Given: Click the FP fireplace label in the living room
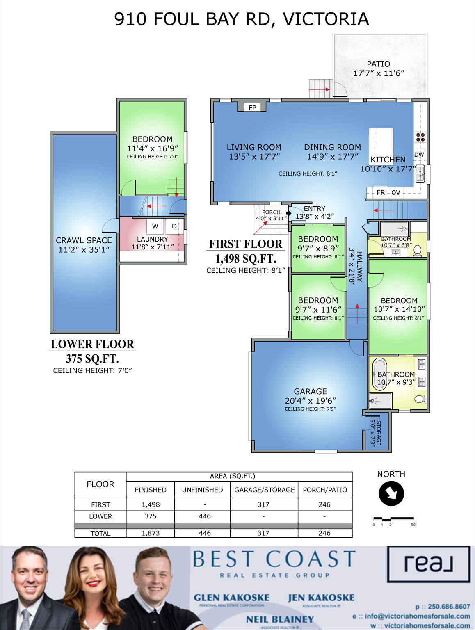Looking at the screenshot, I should pyautogui.click(x=252, y=107).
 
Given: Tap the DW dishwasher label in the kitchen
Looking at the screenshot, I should pyautogui.click(x=419, y=155).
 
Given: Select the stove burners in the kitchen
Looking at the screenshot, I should pyautogui.click(x=420, y=137).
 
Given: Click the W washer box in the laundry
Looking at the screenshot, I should pyautogui.click(x=155, y=226).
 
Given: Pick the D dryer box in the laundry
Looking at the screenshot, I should pyautogui.click(x=174, y=226).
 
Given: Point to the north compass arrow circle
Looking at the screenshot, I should pyautogui.click(x=391, y=493).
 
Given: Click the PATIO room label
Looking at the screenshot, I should pyautogui.click(x=378, y=64).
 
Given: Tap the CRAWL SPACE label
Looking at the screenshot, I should pyautogui.click(x=84, y=240).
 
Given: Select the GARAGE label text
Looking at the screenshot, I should pyautogui.click(x=310, y=391).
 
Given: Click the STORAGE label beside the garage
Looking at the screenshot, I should pyautogui.click(x=378, y=433).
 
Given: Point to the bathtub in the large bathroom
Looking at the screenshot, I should pyautogui.click(x=379, y=374).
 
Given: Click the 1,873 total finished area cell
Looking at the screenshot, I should pyautogui.click(x=151, y=533).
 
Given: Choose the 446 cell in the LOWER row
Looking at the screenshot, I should pyautogui.click(x=204, y=516).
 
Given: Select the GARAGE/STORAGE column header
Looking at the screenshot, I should pyautogui.click(x=264, y=490).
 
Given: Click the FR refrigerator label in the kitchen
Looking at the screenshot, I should pyautogui.click(x=381, y=192).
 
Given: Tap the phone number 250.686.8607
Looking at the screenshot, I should pyautogui.click(x=449, y=607).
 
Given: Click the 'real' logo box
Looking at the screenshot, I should pyautogui.click(x=429, y=564).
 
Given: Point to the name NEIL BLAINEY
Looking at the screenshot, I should pyautogui.click(x=280, y=619).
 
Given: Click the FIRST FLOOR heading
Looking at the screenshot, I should pyautogui.click(x=246, y=244).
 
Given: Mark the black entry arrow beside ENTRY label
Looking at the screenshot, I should pyautogui.click(x=289, y=213).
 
